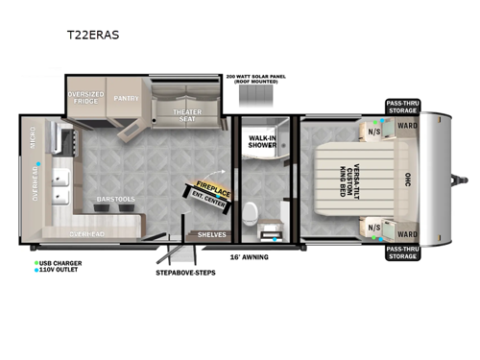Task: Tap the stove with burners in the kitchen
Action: point(67,140)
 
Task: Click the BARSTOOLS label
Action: point(114,200)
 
